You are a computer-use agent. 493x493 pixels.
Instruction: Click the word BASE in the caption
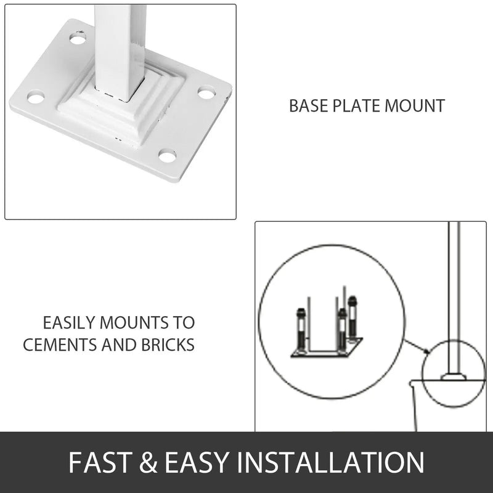click(306, 105)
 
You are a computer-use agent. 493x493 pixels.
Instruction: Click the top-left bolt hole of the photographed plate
click(78, 38)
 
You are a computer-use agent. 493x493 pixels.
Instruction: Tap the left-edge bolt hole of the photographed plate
click(36, 97)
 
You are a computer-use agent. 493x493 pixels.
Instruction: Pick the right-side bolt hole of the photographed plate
click(206, 93)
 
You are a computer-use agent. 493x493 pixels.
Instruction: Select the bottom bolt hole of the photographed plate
click(167, 155)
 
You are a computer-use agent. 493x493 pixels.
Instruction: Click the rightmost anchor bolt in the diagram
click(352, 318)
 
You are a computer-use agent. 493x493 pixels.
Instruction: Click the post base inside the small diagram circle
click(454, 375)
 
